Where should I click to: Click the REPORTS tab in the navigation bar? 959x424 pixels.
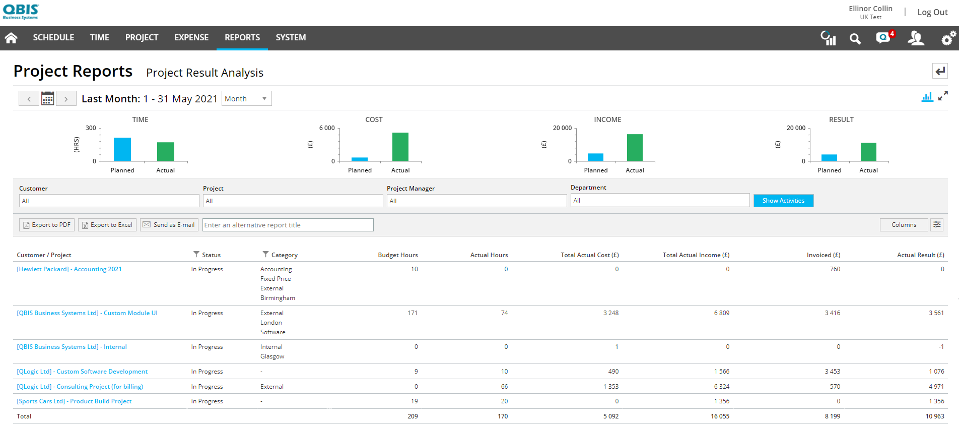pos(242,38)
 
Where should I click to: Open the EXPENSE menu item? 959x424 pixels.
pos(191,38)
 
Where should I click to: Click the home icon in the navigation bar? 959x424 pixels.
pos(11,38)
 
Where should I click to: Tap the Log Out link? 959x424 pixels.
pos(932,12)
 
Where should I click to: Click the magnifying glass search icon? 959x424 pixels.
pos(855,39)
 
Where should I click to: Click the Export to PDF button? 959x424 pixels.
pos(47,225)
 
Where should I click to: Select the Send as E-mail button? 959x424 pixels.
pos(169,225)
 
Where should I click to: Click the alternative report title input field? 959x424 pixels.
pos(288,225)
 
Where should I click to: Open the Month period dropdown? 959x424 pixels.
pos(246,99)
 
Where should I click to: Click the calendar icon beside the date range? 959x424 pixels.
pos(47,98)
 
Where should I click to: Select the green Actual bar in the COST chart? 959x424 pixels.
pos(400,147)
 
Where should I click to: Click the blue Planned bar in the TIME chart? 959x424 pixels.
pos(122,149)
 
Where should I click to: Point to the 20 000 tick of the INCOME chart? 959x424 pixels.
pos(562,128)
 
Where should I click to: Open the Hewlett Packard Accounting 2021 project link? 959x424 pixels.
pos(69,269)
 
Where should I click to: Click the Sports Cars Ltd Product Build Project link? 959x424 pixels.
pos(74,401)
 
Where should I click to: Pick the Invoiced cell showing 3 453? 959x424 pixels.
pos(832,372)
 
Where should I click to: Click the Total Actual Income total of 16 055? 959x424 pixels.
pos(720,416)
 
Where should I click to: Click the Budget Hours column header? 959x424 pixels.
pos(397,255)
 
